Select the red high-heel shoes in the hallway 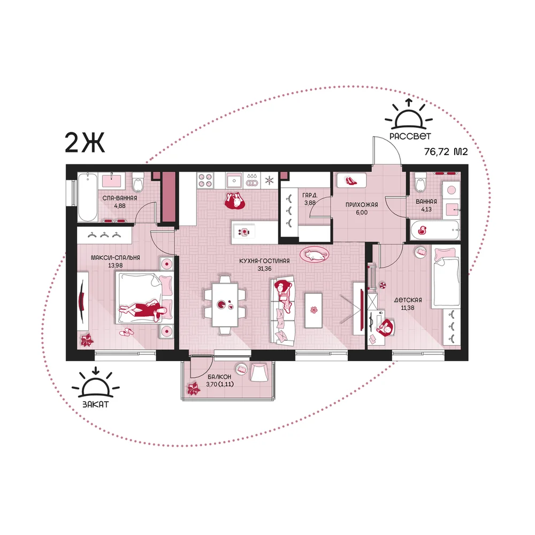coord(351,180)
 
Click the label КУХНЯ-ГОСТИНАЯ coord(264,261)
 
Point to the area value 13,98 coord(116,265)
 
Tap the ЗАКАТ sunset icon coord(96,382)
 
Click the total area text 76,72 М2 coord(446,151)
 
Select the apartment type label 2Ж coord(85,143)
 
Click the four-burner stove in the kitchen coord(205,180)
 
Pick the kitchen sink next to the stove coord(234,180)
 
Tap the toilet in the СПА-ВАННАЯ coord(138,182)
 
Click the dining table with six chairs coord(225,304)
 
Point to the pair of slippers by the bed coord(127,332)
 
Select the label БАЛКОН coord(219,376)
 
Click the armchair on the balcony coord(259,372)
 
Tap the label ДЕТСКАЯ coord(408,300)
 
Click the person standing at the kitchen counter coord(235,201)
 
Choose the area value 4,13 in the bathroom coord(426,210)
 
